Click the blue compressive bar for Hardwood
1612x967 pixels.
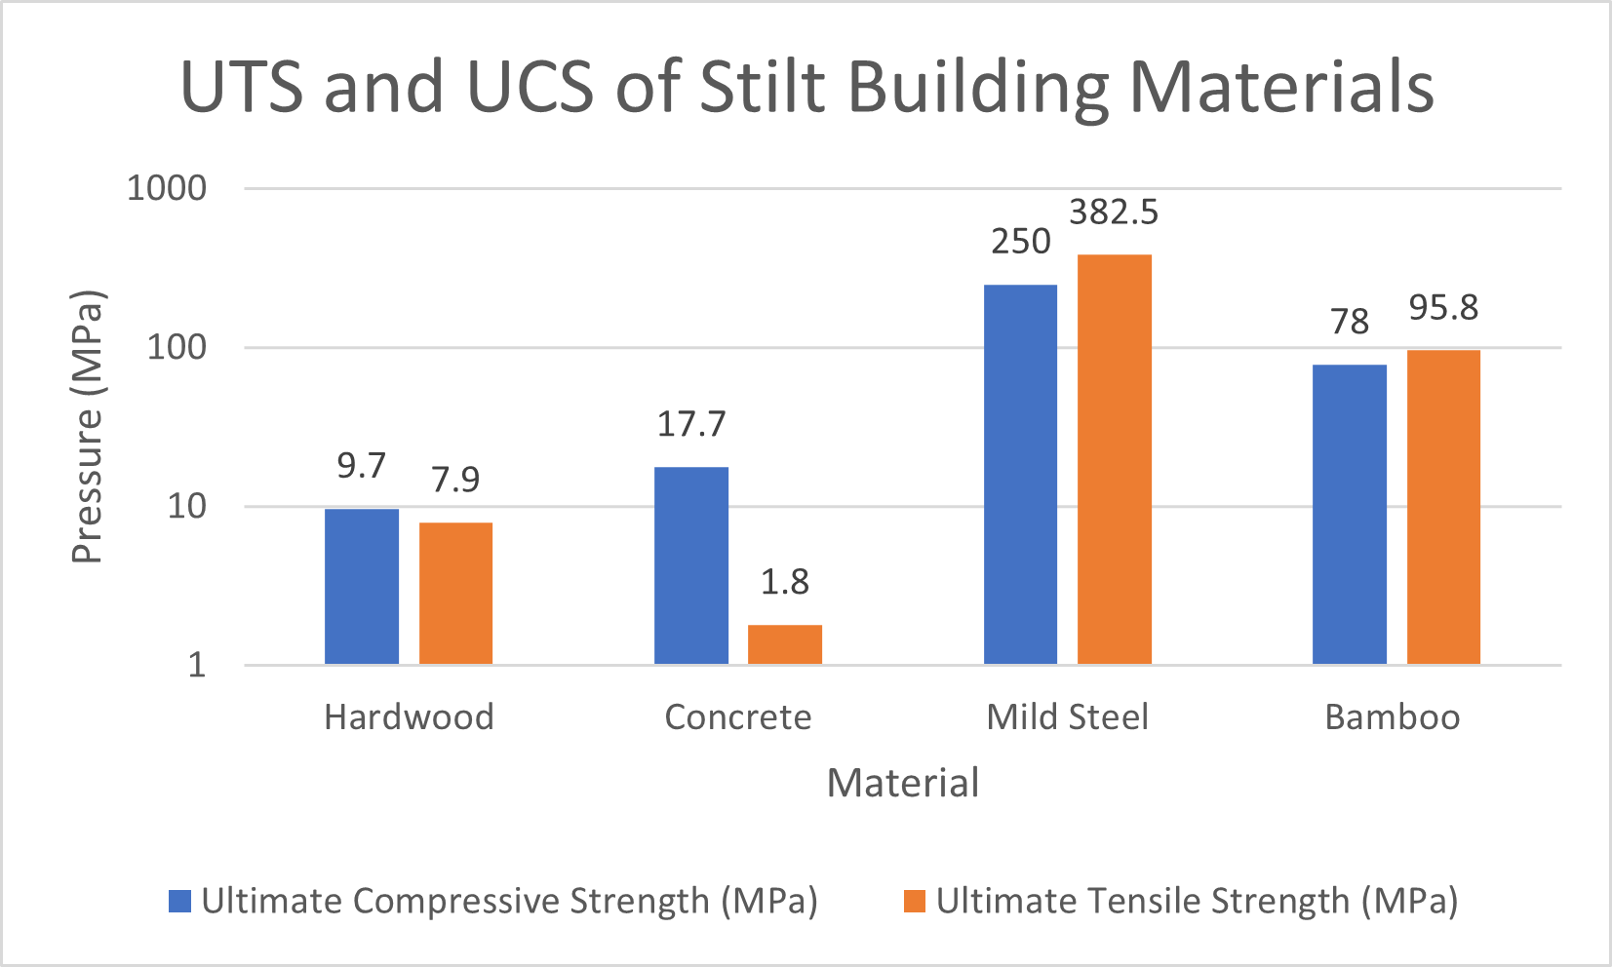coord(362,586)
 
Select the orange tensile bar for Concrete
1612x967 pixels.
coord(784,644)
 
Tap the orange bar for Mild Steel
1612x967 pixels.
coord(1114,459)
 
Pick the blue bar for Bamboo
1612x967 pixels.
coord(1349,514)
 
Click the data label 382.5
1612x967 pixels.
coord(1114,213)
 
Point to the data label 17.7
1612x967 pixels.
coord(691,424)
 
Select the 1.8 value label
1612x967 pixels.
coord(784,582)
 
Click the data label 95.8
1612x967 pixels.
coord(1443,308)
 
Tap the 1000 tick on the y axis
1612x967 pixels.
coord(167,188)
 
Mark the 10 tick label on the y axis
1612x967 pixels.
coord(186,506)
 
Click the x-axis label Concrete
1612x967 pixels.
coord(737,717)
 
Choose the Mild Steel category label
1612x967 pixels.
coord(1067,717)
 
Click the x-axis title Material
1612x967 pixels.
coord(902,783)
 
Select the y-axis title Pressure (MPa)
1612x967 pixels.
coord(87,427)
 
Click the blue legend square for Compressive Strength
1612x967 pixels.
coord(179,901)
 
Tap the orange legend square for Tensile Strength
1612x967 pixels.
coord(914,901)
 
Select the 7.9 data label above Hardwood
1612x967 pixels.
coord(455,480)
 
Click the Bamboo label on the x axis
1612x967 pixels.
coord(1392,717)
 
